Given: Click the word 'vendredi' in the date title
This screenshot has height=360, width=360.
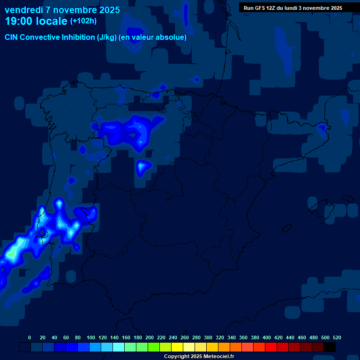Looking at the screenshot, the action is [23, 10].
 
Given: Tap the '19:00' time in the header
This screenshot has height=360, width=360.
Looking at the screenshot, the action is [19, 21].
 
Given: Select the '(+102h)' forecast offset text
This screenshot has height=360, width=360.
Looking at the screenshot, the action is [83, 21].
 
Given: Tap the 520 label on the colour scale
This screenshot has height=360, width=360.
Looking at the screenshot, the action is [337, 337].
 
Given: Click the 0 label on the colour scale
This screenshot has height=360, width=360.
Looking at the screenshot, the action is [30, 337].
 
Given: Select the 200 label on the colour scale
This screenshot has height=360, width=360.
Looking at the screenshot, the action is [150, 337].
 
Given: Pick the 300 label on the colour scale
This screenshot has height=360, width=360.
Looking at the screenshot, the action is [208, 337].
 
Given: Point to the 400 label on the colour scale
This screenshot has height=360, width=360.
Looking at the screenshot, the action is [267, 337].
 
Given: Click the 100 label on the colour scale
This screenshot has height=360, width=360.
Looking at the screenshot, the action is [91, 337].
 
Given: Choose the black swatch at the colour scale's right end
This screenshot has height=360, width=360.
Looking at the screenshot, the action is [330, 347].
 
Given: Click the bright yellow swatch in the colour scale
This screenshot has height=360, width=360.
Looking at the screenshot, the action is [177, 347].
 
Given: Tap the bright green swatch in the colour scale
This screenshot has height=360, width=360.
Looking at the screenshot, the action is [154, 347].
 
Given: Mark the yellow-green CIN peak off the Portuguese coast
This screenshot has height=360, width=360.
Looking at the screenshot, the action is [13, 252].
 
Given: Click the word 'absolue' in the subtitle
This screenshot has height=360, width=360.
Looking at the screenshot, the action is [174, 37].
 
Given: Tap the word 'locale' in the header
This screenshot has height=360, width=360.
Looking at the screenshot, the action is [52, 21].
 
